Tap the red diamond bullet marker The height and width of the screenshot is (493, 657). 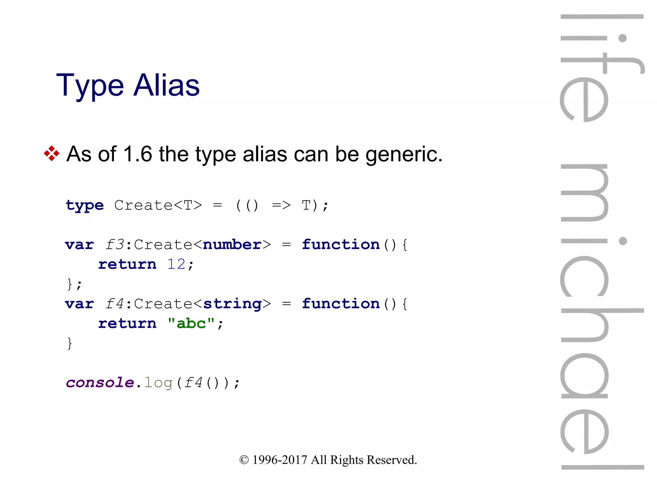tap(52, 153)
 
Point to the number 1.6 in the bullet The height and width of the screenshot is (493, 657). tap(137, 154)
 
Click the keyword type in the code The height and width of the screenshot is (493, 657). tap(85, 206)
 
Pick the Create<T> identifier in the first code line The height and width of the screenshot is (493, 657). tap(158, 205)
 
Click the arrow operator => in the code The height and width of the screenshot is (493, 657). tap(281, 205)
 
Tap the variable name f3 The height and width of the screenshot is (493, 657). tap(115, 245)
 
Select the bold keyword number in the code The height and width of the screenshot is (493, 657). tap(232, 245)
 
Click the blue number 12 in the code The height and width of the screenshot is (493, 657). tap(176, 264)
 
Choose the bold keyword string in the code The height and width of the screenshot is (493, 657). tap(232, 304)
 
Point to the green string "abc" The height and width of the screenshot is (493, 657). tap(191, 324)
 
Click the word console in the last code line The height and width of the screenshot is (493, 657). tap(100, 383)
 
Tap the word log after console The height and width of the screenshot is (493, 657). tap(158, 383)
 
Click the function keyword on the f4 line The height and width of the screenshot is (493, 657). tap(341, 304)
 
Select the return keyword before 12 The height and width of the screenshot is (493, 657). tap(127, 264)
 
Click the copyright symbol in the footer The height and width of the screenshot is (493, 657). tap(244, 460)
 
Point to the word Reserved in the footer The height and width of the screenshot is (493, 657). tap(392, 460)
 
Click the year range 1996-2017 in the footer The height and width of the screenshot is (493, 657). tap(280, 460)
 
